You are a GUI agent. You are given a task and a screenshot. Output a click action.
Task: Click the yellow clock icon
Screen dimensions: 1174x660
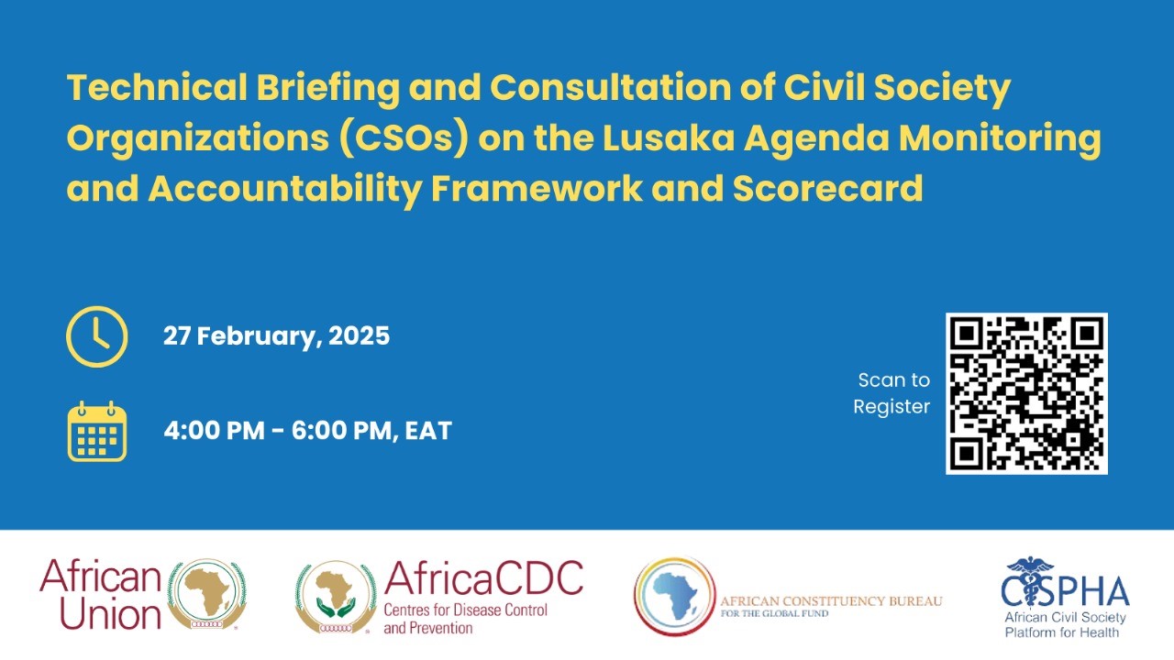[97, 336]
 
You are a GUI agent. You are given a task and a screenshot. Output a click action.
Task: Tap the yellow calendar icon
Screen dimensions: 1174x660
[97, 431]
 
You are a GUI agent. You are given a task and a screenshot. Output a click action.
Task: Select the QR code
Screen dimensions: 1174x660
[1026, 393]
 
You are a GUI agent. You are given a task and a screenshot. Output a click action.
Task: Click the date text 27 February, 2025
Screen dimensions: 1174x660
[276, 335]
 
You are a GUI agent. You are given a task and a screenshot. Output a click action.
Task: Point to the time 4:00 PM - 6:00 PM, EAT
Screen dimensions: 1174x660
[307, 431]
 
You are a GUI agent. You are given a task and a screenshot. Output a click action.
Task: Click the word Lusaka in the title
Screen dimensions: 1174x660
[669, 137]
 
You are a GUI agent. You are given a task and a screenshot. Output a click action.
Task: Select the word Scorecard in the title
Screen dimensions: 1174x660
[827, 188]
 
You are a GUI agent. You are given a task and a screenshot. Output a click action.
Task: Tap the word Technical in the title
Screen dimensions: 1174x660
[157, 87]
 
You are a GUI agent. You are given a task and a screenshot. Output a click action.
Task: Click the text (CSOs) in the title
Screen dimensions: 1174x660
[404, 138]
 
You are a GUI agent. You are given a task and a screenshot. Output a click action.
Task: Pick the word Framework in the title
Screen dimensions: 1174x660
[537, 188]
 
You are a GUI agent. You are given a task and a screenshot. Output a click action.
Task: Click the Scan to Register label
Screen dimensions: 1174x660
[892, 393]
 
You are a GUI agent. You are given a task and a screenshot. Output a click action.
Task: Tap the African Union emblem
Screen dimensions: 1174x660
[206, 594]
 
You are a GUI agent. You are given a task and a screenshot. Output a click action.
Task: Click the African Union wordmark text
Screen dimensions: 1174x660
[100, 594]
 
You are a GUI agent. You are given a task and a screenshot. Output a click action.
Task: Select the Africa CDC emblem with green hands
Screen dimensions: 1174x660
[336, 597]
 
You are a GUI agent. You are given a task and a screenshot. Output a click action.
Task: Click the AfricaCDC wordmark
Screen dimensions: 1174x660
[483, 578]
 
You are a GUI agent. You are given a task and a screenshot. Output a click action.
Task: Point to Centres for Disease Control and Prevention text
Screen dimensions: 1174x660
[465, 619]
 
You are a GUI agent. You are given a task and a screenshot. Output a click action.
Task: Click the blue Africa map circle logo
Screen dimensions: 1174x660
[674, 596]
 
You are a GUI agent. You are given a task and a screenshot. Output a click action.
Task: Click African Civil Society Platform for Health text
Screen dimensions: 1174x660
[1065, 625]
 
